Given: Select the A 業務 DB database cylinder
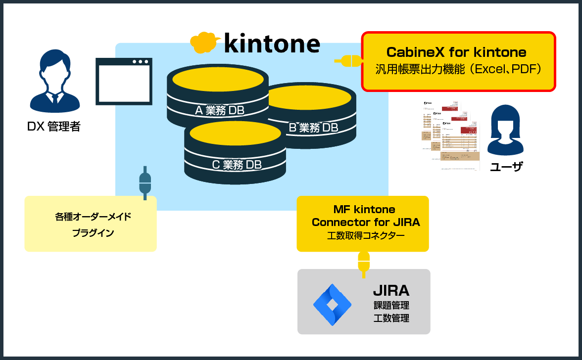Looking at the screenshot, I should pos(218,99).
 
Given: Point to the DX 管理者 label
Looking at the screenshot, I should pos(53,127).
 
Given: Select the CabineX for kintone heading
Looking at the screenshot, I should pos(456,52).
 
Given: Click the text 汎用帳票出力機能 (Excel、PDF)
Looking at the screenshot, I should pos(458,69).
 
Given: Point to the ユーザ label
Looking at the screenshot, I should pos(506,167).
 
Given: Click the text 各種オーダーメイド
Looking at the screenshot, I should pos(93,217).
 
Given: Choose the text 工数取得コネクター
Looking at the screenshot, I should pos(366,236).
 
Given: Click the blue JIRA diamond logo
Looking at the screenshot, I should pos(332,305).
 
